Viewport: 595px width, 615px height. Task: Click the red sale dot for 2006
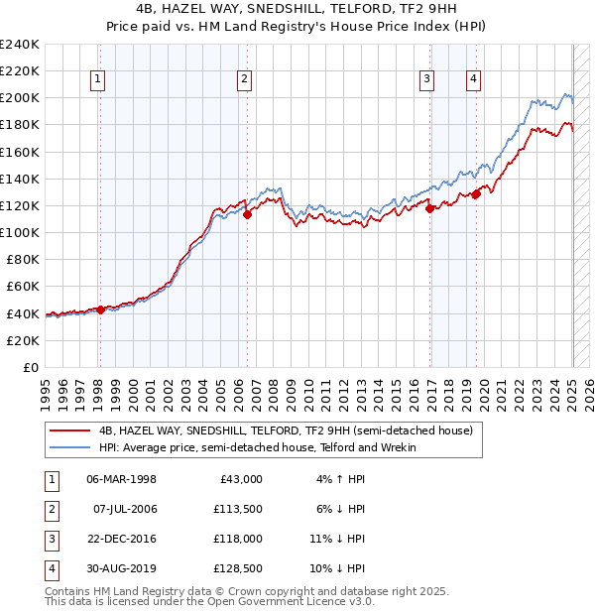click(247, 214)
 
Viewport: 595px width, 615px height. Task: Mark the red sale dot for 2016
click(429, 208)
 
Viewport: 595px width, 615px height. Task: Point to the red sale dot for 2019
click(476, 194)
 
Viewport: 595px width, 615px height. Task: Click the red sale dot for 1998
click(100, 309)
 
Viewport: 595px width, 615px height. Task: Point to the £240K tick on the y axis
click(20, 45)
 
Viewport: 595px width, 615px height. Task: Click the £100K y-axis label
click(20, 232)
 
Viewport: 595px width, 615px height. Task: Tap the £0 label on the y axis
click(30, 367)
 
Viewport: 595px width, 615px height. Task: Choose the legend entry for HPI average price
click(257, 447)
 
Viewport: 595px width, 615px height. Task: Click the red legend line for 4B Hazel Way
click(69, 430)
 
